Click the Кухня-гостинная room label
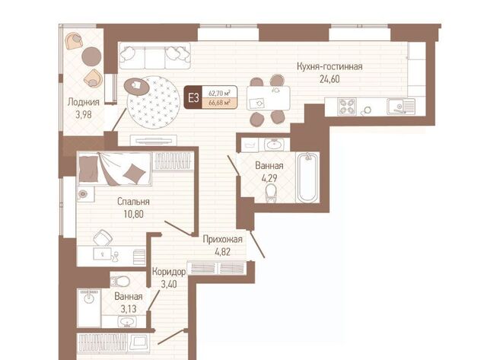[329, 66]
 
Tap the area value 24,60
[329, 79]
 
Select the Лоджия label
[84, 102]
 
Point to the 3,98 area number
[84, 115]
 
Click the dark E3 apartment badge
[193, 97]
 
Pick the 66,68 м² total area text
[219, 103]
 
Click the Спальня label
[133, 202]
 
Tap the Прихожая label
[222, 239]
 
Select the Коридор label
[169, 272]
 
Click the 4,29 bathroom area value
[269, 178]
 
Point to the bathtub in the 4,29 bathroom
[308, 177]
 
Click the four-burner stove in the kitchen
[347, 107]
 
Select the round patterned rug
[154, 103]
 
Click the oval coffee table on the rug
[136, 87]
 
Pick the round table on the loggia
[91, 56]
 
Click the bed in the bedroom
[115, 169]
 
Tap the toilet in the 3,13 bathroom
[119, 281]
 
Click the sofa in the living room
[154, 56]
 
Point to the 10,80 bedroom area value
[134, 215]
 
